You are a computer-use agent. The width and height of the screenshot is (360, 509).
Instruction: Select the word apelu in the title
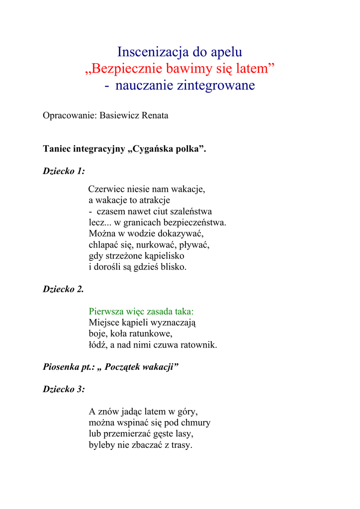click(227, 52)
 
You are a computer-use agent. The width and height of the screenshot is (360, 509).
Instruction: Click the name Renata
click(155, 116)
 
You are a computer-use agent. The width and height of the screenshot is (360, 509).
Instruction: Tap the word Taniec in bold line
click(57, 149)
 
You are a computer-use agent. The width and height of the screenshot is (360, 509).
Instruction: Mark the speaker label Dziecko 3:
click(64, 389)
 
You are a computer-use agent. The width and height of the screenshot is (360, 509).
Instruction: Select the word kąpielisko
click(163, 256)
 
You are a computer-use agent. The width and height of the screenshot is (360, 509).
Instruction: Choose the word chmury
click(194, 423)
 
